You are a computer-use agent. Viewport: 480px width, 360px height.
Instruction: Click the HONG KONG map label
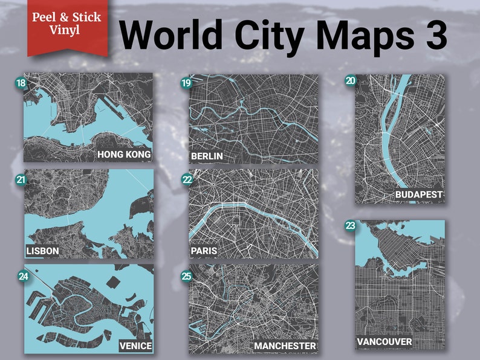tap(124, 155)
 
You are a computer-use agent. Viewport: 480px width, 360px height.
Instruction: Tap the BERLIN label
tap(207, 156)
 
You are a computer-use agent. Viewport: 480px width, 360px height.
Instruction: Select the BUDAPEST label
tap(418, 194)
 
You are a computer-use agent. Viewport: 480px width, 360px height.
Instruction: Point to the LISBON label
tap(42, 251)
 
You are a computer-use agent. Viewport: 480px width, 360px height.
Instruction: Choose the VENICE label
tap(135, 346)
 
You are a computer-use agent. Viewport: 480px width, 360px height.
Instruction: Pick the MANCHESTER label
tap(285, 346)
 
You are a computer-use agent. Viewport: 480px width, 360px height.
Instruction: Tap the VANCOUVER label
tap(384, 342)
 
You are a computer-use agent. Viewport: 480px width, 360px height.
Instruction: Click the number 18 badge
tap(21, 82)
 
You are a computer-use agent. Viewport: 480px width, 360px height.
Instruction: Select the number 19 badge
tap(186, 83)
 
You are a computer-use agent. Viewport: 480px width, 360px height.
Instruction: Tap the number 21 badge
tap(21, 179)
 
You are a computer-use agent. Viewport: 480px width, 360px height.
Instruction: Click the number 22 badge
tap(187, 179)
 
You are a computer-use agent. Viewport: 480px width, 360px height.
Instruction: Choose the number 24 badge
tap(22, 277)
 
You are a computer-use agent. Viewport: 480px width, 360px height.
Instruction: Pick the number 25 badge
tap(187, 276)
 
